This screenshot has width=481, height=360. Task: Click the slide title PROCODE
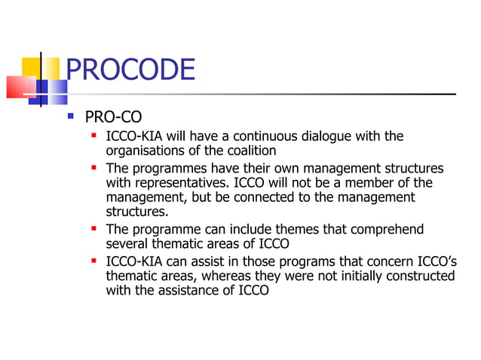coord(130,70)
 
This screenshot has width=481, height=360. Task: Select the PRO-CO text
coord(112,117)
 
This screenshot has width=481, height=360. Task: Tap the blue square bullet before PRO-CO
coord(71,117)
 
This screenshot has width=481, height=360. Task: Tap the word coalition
coord(252,151)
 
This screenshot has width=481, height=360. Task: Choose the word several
coord(127,244)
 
